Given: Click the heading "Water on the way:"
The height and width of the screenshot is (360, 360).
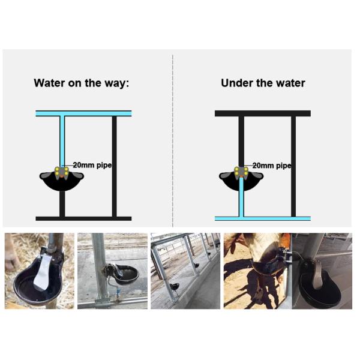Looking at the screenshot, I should (x=81, y=83).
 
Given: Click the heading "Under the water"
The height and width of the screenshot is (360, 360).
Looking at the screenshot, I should (x=263, y=83).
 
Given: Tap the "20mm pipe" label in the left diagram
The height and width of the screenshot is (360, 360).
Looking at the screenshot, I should (x=92, y=164).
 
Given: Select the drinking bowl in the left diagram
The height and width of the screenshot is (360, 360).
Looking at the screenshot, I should (x=62, y=182).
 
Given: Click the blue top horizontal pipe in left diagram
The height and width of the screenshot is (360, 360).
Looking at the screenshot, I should (x=83, y=113).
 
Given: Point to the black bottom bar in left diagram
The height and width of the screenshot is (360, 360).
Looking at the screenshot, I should (x=83, y=218).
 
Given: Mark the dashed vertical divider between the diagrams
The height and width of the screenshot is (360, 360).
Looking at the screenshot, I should (x=173, y=138).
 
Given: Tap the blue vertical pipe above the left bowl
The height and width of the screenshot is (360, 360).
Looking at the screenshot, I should (x=62, y=141).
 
